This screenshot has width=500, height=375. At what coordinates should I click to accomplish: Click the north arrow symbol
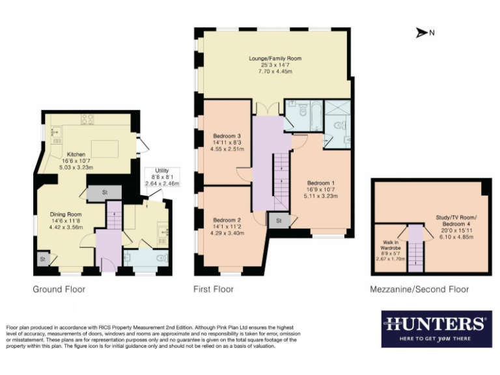tap(421, 33)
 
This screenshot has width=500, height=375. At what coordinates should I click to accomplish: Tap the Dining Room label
tap(65, 220)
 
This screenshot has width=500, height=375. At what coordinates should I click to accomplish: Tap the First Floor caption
tap(214, 289)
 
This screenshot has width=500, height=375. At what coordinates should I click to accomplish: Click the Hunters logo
tap(436, 329)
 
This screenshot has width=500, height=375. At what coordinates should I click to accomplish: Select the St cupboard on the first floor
tap(279, 221)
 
